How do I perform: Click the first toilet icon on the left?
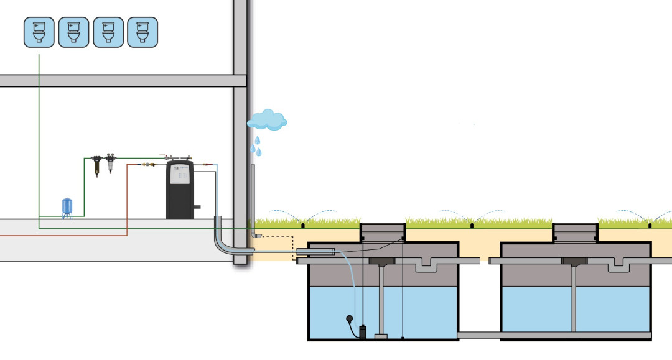[x=39, y=32]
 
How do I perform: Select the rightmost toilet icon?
[x=142, y=32]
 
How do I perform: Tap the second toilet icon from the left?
[x=73, y=32]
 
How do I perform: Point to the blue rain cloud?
[x=267, y=119]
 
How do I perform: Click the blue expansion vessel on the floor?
[x=67, y=207]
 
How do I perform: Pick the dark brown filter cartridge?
[x=97, y=166]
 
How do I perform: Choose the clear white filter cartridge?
[x=110, y=165]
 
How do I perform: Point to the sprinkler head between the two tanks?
[x=472, y=224]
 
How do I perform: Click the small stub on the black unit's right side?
[x=197, y=206]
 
